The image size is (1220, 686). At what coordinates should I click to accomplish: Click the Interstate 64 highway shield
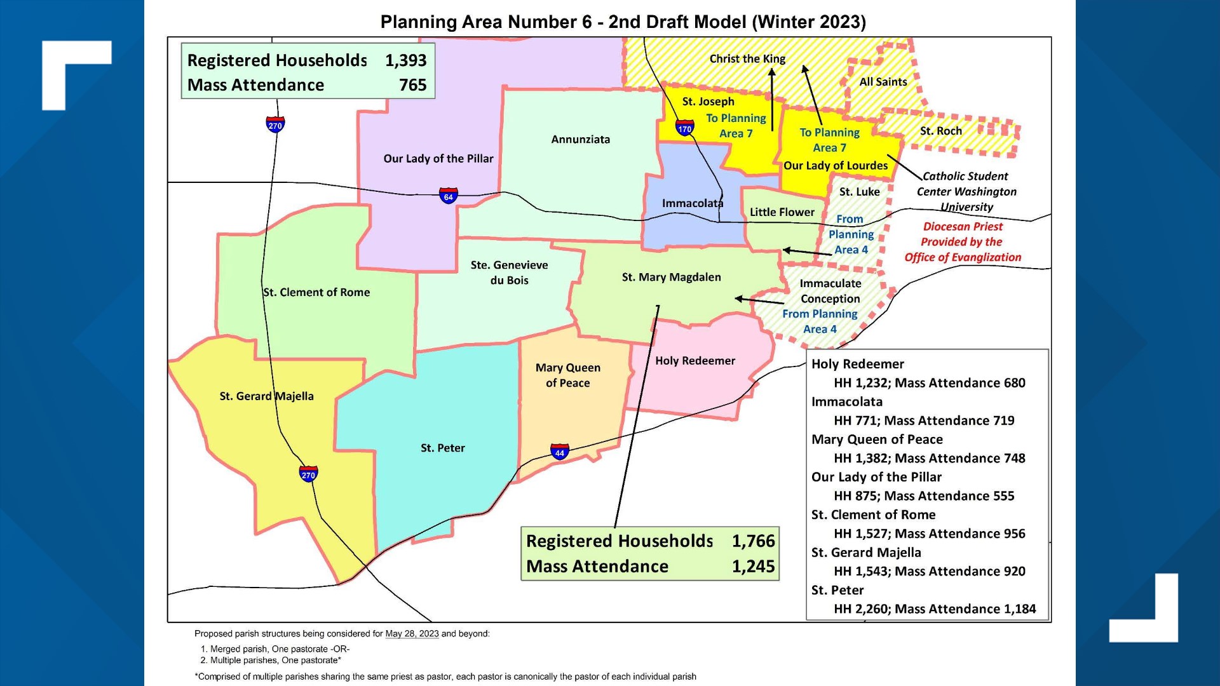(448, 196)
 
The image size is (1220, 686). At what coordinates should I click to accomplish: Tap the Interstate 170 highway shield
(684, 128)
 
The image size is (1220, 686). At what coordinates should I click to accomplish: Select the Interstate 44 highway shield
(559, 452)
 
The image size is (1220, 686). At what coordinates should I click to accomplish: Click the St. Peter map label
(442, 448)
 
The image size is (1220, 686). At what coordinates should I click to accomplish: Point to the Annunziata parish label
(580, 140)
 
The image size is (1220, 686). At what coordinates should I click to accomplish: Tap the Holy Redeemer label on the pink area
(695, 361)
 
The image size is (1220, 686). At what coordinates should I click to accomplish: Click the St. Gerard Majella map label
(266, 396)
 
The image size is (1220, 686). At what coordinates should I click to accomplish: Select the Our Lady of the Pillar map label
(438, 159)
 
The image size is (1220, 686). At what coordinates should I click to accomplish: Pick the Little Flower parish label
(782, 212)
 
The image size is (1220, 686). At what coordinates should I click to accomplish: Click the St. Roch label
(940, 131)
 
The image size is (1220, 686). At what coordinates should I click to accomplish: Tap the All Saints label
(883, 82)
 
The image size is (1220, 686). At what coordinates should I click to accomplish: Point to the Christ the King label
(747, 59)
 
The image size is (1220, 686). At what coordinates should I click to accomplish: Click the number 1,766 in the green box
(753, 541)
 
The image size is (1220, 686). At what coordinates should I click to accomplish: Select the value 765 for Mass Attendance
(412, 85)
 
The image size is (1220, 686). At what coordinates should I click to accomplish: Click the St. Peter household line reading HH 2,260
(934, 609)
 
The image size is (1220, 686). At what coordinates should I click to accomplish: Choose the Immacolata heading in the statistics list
(846, 402)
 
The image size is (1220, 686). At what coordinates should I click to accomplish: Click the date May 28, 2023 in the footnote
(412, 634)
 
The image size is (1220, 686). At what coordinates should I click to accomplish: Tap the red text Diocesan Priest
(962, 227)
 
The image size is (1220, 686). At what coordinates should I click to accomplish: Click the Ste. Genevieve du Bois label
(509, 272)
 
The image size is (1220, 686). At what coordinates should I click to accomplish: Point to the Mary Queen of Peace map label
(567, 375)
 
